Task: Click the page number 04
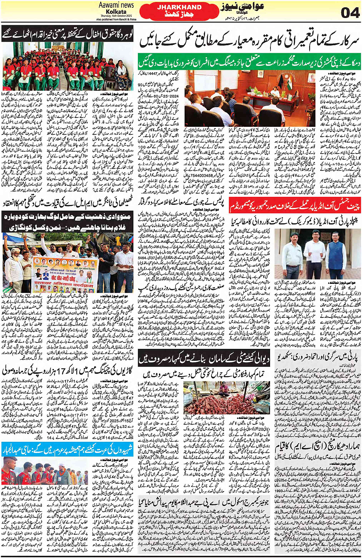pyautogui.click(x=350, y=12)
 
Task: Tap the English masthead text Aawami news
pyautogui.click(x=116, y=5)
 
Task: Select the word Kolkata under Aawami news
pyautogui.click(x=116, y=11)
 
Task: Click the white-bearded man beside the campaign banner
pyautogui.click(x=13, y=264)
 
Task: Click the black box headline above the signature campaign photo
pyautogui.click(x=67, y=221)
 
